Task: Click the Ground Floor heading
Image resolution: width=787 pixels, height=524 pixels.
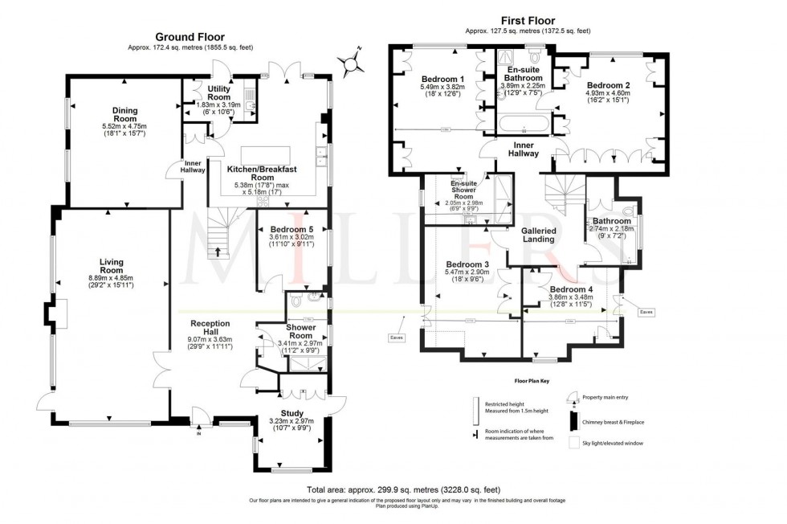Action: [x=190, y=36]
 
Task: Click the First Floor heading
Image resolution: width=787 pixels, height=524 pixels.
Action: [x=527, y=19]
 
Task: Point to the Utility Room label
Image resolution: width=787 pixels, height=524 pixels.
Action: [x=218, y=92]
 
